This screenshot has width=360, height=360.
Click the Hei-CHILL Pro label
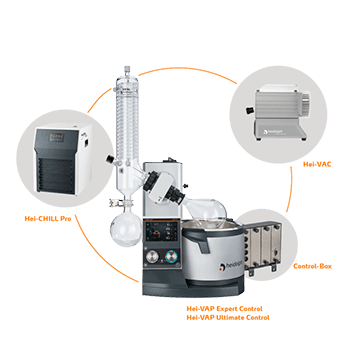48,219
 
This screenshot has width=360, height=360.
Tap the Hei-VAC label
317,164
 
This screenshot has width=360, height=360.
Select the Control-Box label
312,266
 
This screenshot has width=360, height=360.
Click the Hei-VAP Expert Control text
224,309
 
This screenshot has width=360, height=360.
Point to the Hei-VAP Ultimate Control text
228,317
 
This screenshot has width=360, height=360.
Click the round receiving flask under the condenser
126,229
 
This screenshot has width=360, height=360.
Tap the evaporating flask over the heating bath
206,212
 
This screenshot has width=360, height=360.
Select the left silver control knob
153,257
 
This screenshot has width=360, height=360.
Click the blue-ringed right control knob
172,257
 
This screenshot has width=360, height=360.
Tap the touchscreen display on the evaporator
163,230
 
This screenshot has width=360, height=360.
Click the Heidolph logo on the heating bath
231,267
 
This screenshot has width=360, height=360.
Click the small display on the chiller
57,137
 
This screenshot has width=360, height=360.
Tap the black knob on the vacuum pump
249,110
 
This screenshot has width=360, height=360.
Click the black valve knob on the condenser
110,159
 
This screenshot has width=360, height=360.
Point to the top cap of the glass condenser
126,71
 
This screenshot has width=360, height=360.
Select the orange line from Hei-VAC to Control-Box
290,189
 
